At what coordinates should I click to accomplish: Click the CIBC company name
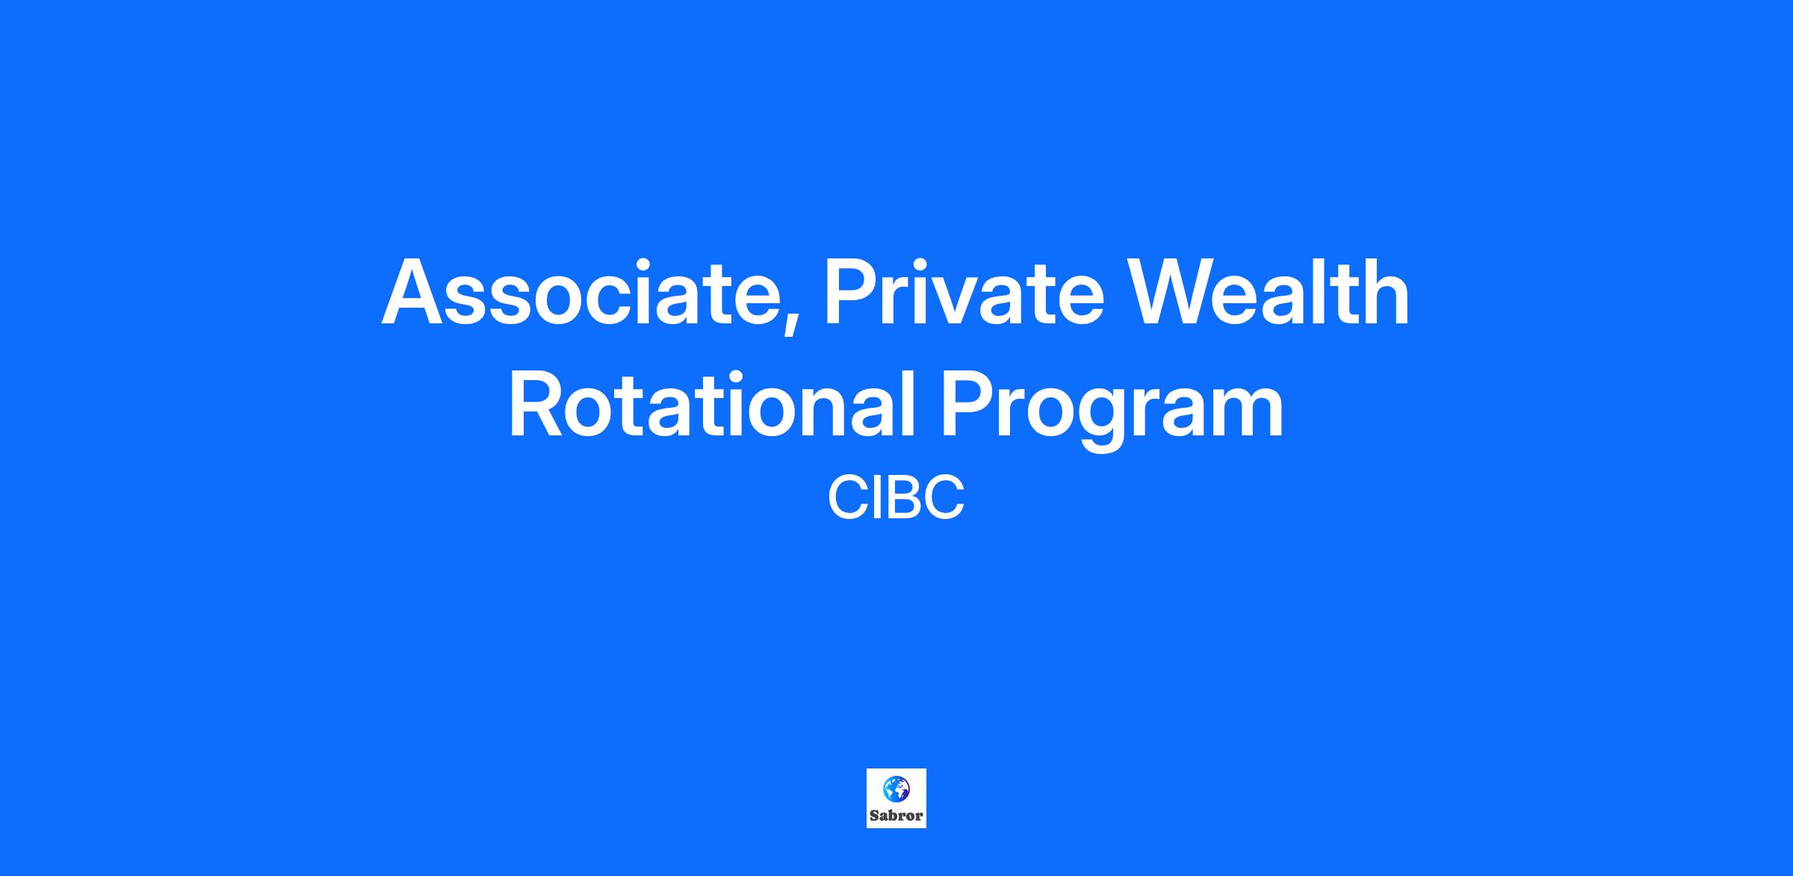click(x=896, y=498)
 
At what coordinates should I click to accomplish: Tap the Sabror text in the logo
click(x=896, y=816)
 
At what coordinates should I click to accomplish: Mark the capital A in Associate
click(x=415, y=292)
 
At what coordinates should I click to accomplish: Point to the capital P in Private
click(x=852, y=292)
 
